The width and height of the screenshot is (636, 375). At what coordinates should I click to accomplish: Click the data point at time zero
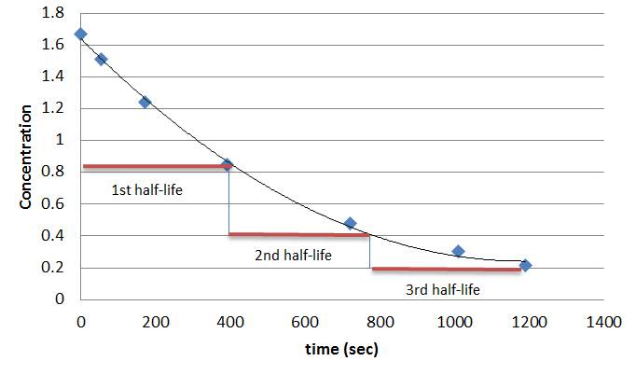tap(81, 35)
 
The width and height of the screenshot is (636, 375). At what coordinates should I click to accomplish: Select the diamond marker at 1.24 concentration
tap(145, 102)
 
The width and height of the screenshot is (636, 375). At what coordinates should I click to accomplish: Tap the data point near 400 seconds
tap(227, 165)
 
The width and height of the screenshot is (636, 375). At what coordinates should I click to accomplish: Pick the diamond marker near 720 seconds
tap(350, 223)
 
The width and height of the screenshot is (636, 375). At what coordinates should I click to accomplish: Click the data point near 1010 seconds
tap(458, 251)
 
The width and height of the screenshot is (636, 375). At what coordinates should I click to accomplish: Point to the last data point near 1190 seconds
tap(525, 265)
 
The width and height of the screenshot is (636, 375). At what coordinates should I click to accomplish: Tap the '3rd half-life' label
tap(443, 290)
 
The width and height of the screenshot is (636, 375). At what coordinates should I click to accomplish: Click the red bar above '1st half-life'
tap(154, 167)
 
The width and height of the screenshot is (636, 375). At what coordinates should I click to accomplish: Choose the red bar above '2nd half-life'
tap(298, 234)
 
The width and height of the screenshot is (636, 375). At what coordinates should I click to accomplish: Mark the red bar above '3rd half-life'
tap(446, 270)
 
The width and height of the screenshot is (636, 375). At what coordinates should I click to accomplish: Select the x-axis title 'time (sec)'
tap(342, 350)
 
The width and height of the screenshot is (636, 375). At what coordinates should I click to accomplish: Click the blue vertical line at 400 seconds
tap(229, 201)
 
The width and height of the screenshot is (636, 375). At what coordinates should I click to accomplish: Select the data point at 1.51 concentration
tap(101, 59)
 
